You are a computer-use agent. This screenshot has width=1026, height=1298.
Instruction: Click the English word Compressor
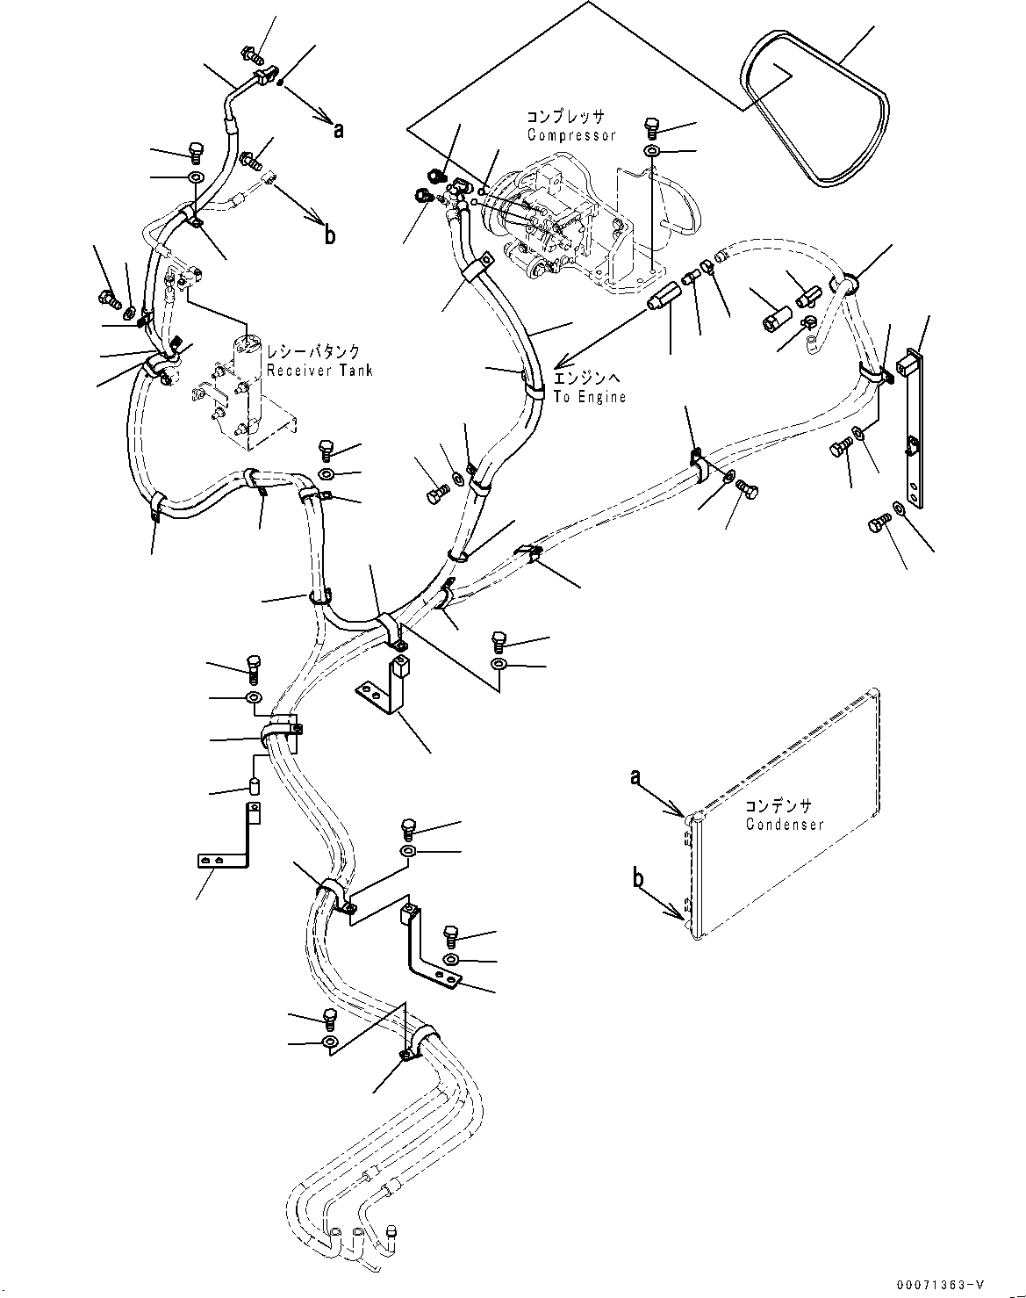pos(571,135)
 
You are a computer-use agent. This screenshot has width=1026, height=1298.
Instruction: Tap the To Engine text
pos(589,397)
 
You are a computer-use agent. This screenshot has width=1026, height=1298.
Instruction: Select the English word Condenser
pos(785,825)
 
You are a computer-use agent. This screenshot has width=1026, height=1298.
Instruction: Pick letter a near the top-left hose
pos(338,130)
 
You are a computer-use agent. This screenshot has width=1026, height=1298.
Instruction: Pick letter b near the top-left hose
pos(329,235)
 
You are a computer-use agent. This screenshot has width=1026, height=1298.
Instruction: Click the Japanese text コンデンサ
pos(778,805)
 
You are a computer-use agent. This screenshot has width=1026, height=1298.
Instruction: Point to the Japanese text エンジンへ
pos(587,379)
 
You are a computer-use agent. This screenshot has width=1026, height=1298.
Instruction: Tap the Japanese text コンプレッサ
pos(566,117)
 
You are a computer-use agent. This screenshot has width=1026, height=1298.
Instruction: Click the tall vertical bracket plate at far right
pos(913,430)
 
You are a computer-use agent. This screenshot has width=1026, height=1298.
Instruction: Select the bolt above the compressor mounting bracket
pos(652,127)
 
